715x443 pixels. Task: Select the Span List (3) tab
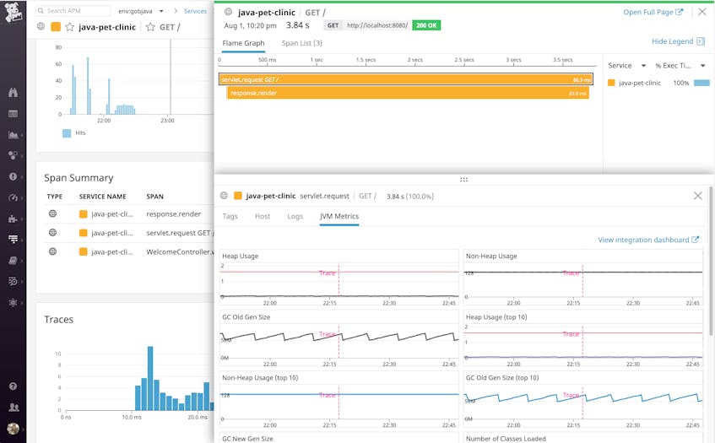301,43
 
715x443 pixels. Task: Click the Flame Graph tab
243,43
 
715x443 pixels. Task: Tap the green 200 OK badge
426,25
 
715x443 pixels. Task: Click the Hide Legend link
672,41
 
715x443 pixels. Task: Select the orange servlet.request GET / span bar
405,79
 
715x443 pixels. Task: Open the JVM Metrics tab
339,217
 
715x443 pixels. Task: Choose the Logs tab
295,217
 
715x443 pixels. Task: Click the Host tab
263,217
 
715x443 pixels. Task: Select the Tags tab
230,217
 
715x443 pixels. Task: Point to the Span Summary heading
79,178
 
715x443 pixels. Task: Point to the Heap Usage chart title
241,256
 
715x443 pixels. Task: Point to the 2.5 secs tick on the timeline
463,60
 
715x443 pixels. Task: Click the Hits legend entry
77,133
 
